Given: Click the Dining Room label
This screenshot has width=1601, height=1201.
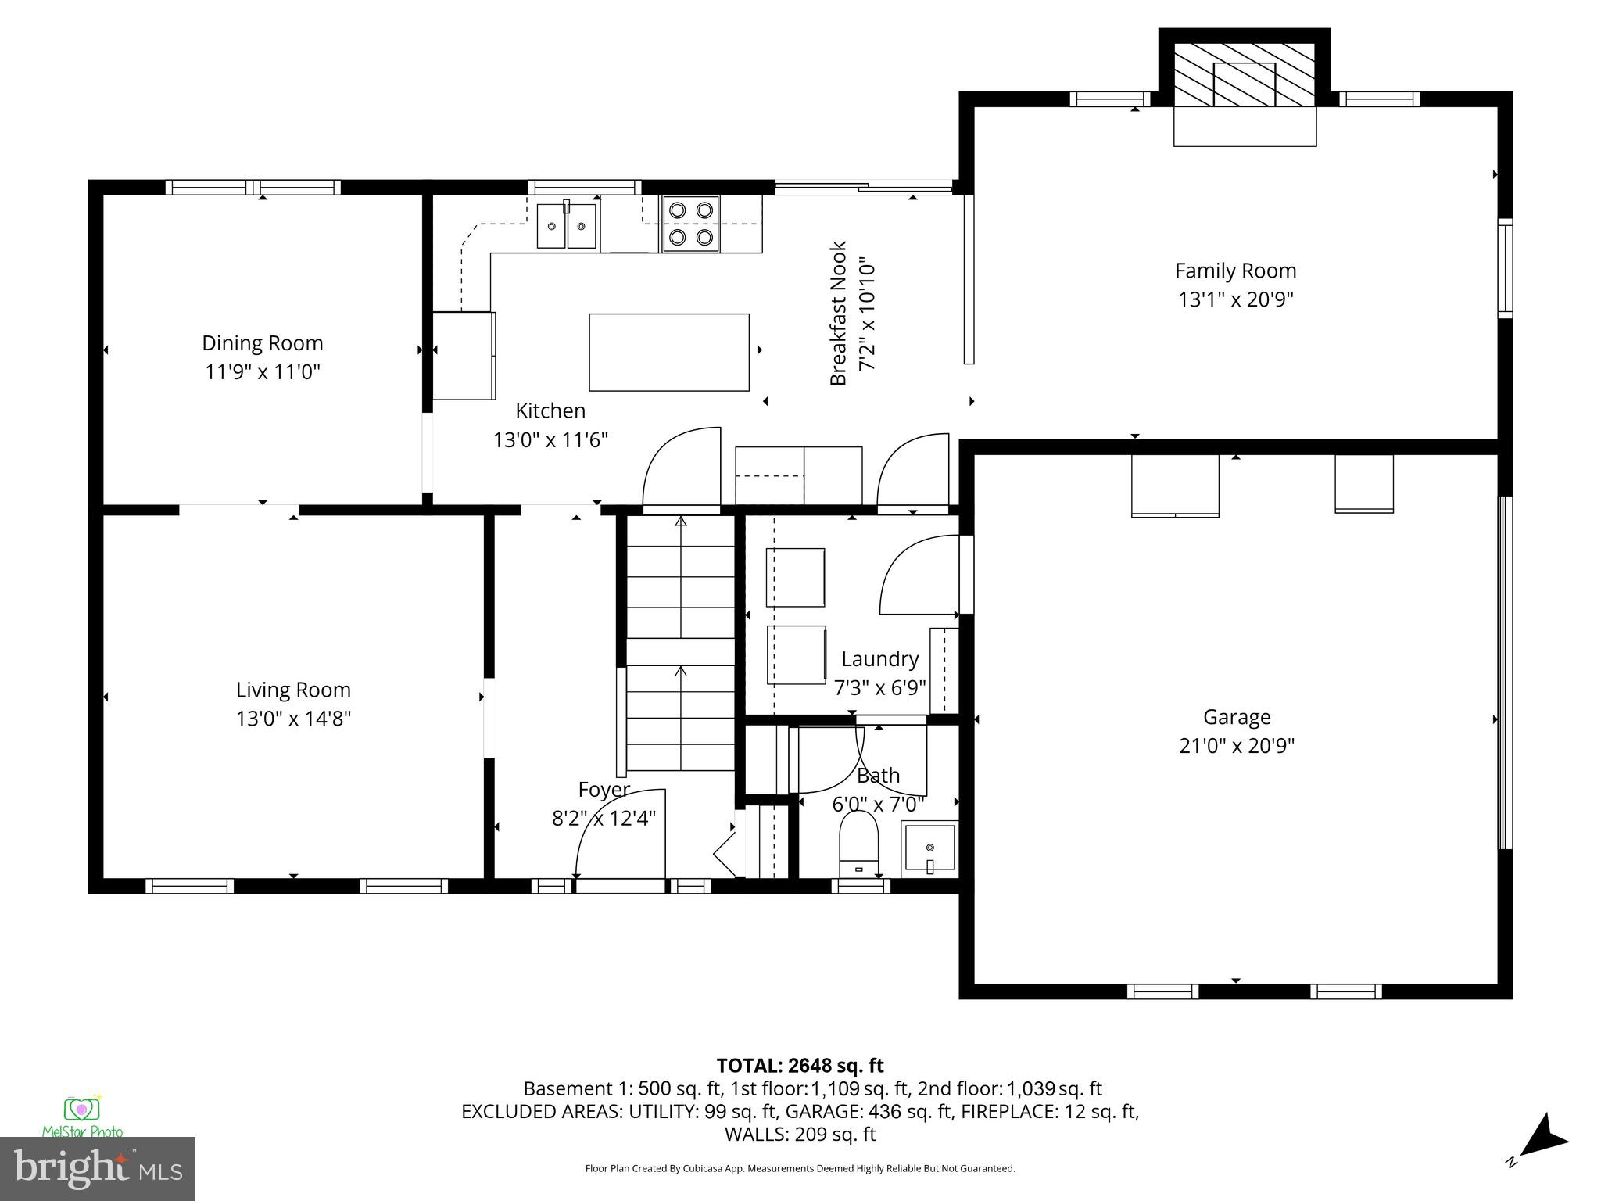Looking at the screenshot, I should (262, 343).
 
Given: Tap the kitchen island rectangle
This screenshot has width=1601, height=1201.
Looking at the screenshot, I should (668, 352).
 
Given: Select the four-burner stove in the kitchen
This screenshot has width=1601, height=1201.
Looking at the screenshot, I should (691, 224).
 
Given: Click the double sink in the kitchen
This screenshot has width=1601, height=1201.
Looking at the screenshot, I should (567, 226).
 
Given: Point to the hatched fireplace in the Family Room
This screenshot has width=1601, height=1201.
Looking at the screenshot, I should (1245, 74).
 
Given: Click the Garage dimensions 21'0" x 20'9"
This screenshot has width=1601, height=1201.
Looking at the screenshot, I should (1237, 746).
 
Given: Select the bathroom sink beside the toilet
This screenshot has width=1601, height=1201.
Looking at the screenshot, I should (929, 846).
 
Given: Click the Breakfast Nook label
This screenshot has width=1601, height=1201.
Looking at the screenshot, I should (838, 314).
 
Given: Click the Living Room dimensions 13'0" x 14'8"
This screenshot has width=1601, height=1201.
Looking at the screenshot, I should (293, 719).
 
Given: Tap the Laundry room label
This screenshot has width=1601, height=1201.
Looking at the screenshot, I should (879, 659).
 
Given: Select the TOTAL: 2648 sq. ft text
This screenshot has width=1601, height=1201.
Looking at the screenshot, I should (800, 1066).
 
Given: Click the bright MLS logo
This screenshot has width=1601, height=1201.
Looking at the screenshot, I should (97, 1169).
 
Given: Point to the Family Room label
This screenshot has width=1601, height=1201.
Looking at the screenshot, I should (1235, 271).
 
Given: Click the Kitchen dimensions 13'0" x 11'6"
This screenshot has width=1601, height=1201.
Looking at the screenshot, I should (550, 440).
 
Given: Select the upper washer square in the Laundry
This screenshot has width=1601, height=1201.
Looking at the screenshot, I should (795, 577).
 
